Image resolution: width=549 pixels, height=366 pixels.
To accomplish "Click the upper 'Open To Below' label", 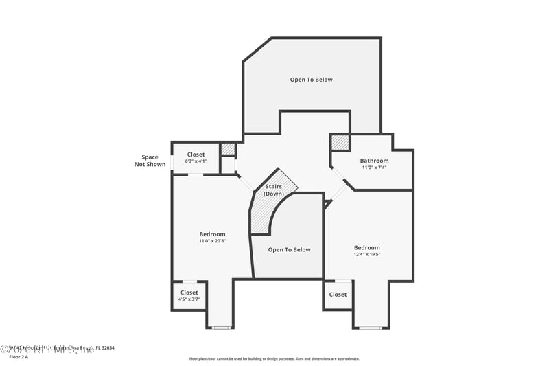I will (x=311, y=80).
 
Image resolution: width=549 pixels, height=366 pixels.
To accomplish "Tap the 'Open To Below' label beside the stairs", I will (x=289, y=250).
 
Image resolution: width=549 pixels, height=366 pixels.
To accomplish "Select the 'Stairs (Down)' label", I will (x=274, y=190).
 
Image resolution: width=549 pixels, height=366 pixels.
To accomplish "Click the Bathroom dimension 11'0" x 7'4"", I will (x=374, y=168).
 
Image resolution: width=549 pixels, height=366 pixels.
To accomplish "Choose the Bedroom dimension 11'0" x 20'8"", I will (x=212, y=241).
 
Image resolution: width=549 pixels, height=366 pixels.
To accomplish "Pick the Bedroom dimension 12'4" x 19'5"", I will (x=366, y=254).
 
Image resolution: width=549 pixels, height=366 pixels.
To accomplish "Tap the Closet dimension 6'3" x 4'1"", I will (x=196, y=161).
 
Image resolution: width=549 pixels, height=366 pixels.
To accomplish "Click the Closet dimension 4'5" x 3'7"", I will (x=189, y=299).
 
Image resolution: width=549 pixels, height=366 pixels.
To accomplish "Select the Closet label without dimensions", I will (x=338, y=295).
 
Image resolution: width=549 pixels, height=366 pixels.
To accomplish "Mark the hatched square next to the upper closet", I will (x=228, y=149).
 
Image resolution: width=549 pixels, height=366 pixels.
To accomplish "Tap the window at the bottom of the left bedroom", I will (x=220, y=328).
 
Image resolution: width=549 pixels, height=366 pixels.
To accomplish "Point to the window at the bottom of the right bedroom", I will (x=371, y=328).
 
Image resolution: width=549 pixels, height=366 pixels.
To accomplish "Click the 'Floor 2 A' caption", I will (x=19, y=357).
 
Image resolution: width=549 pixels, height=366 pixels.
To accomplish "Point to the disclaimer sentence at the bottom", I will (x=274, y=358).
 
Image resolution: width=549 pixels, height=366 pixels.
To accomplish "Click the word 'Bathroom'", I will (x=374, y=161).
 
